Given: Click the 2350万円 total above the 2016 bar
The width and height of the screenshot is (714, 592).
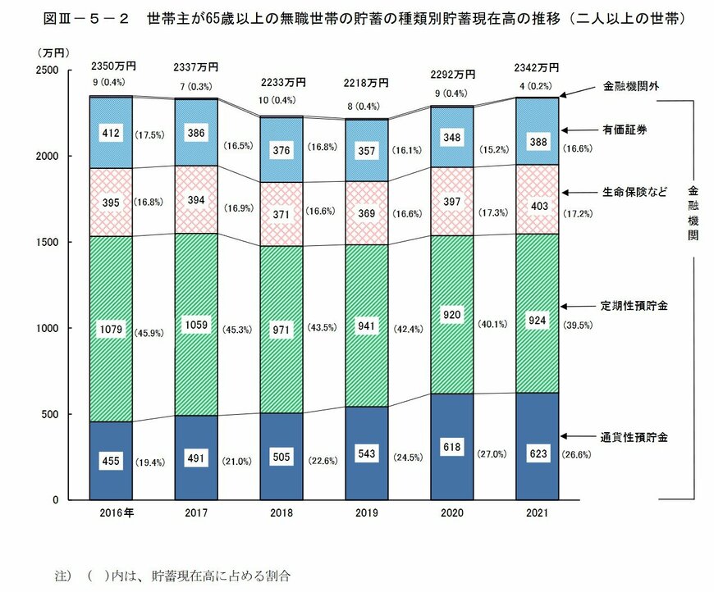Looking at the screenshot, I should pyautogui.click(x=110, y=66).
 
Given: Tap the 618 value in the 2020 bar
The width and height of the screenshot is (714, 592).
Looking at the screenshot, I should pyautogui.click(x=451, y=448).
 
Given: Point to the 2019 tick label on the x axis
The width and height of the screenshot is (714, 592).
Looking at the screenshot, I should pyautogui.click(x=366, y=513).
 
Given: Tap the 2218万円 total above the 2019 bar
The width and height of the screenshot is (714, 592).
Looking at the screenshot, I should pyautogui.click(x=366, y=83).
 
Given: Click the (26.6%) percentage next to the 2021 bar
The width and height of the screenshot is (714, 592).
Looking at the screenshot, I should pyautogui.click(x=577, y=455).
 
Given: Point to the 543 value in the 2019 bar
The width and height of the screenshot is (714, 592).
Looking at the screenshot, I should pyautogui.click(x=366, y=453).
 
